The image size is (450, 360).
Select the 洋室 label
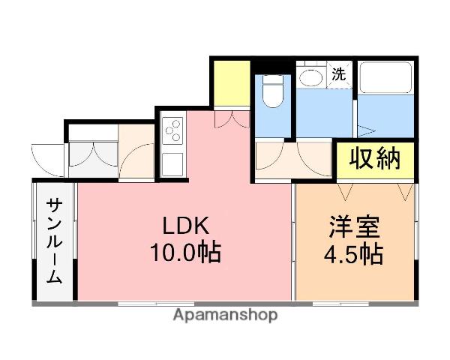pyautogui.click(x=353, y=226)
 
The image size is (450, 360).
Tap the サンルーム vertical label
pyautogui.click(x=55, y=241)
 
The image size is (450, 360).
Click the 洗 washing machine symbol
pyautogui.click(x=339, y=74)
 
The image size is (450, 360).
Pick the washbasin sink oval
pyautogui.click(x=309, y=77)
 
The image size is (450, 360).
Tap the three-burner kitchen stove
pyautogui.click(x=172, y=129)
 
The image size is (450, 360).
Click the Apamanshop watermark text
pyautogui.click(x=225, y=315)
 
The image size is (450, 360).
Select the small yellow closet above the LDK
pyautogui.click(x=230, y=85)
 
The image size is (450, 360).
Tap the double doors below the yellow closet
pyautogui.click(x=230, y=118)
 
